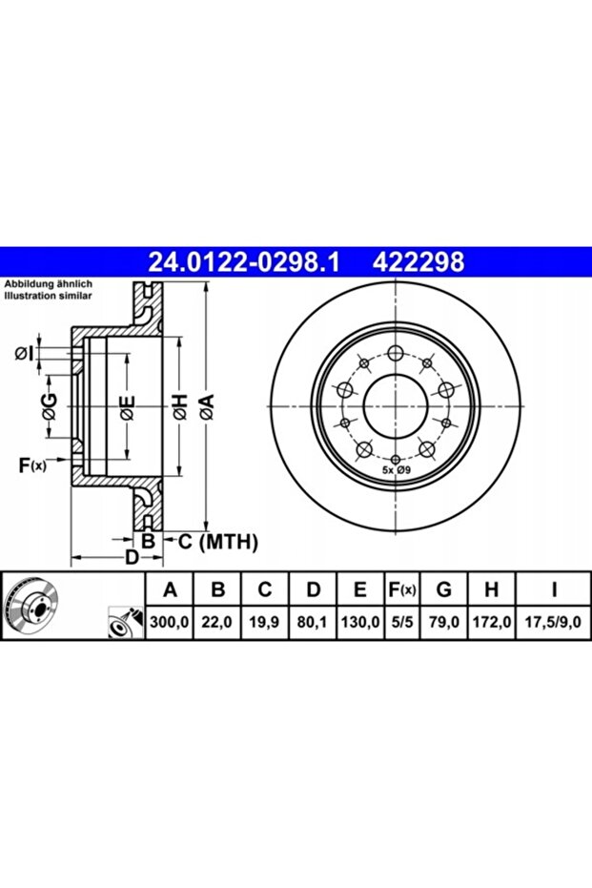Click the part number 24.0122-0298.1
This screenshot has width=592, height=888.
(x=243, y=262)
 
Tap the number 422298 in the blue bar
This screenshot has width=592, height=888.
(x=418, y=262)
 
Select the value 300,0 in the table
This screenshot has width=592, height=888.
(x=170, y=622)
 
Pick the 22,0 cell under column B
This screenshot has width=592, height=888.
(x=217, y=622)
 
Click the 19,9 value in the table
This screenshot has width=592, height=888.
(x=264, y=622)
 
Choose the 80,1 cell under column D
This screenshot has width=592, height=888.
(x=313, y=622)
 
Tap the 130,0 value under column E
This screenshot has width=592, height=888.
(x=360, y=622)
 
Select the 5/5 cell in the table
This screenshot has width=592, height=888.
(x=402, y=622)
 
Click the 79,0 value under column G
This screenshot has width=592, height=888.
(x=444, y=622)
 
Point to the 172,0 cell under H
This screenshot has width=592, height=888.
(x=492, y=622)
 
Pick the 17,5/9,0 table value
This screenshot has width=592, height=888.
(x=554, y=622)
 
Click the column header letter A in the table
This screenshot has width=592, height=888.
(x=170, y=589)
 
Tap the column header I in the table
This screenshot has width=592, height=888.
(x=554, y=589)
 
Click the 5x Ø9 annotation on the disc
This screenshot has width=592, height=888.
(x=396, y=470)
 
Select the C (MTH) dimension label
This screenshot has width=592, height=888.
(x=218, y=542)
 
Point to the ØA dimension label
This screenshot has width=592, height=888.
(x=207, y=406)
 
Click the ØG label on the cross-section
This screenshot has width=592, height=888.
(x=50, y=406)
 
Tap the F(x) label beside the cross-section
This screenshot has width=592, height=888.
(x=32, y=465)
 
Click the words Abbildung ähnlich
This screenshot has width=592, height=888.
(x=48, y=284)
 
